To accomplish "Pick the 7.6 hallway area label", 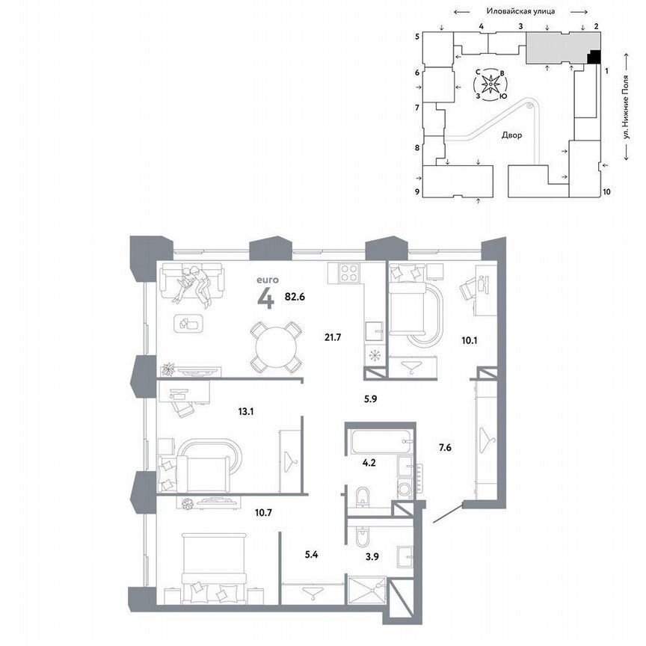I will click(445, 449).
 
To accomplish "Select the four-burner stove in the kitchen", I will click(346, 273).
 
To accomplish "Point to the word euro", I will click(268, 280).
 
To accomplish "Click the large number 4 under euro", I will click(265, 298).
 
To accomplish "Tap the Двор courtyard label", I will click(512, 136).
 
